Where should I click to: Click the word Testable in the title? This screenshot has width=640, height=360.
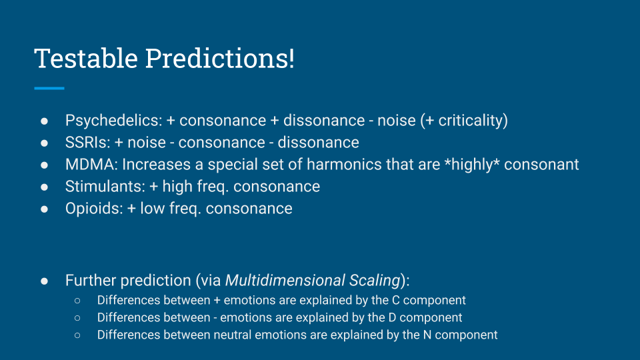(86, 58)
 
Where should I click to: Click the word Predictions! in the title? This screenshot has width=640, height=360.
(219, 58)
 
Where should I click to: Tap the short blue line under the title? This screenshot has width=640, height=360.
(49, 88)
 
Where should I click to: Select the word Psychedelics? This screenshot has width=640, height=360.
(113, 121)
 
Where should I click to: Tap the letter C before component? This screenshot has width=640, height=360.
(395, 301)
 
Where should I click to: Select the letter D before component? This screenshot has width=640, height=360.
(392, 317)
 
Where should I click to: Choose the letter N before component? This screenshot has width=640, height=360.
(427, 335)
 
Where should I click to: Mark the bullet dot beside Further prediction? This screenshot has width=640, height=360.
(44, 281)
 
